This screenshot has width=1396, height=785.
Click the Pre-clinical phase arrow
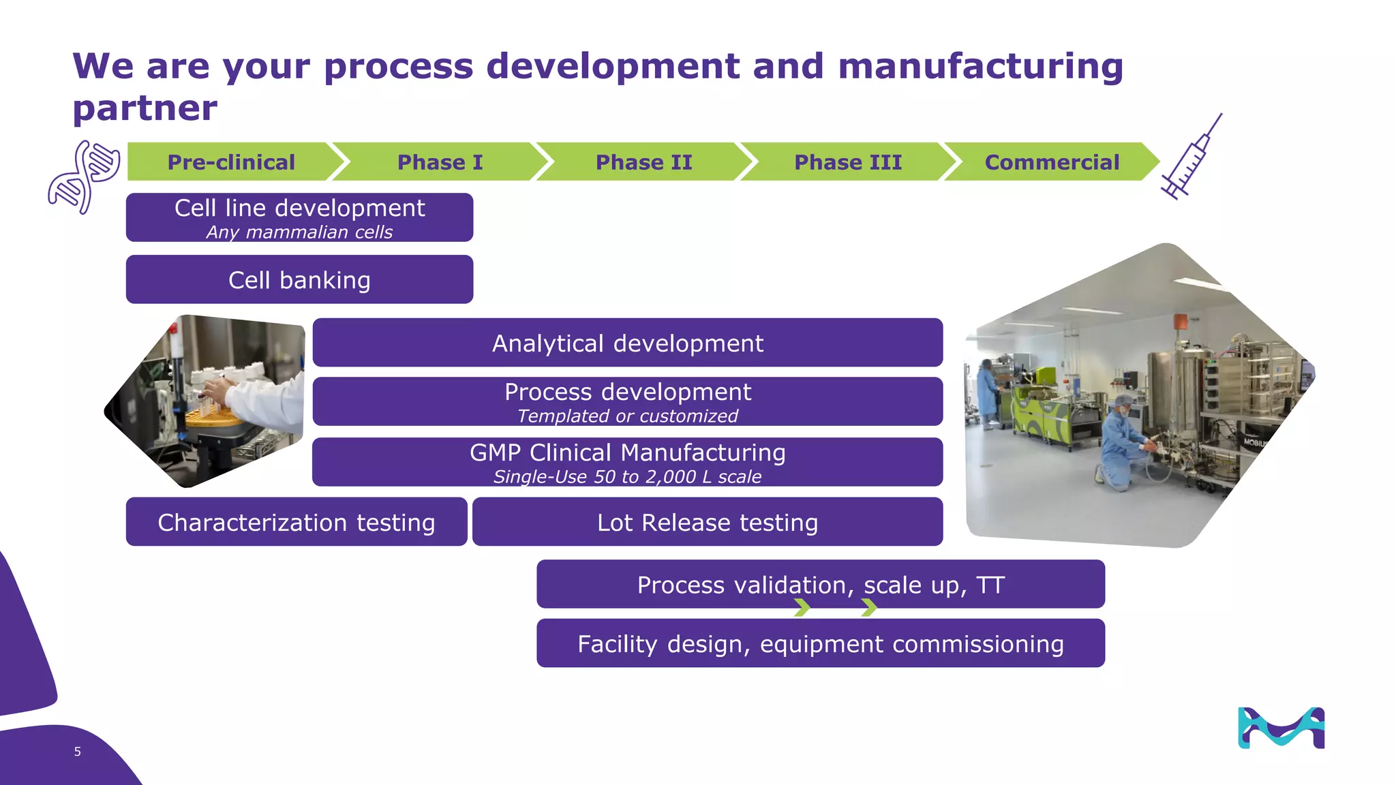(230, 162)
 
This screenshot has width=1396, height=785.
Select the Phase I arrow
(440, 162)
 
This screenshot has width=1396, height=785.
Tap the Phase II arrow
(643, 162)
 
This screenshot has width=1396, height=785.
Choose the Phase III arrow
(847, 162)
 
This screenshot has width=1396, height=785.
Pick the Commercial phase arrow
(1051, 162)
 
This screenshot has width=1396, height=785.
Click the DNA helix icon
(83, 177)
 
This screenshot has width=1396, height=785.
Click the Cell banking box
(299, 280)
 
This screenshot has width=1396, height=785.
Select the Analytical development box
(627, 343)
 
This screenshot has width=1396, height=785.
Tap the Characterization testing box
(296, 522)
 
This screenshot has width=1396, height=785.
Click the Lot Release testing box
(707, 522)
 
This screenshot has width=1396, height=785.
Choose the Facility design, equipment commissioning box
(820, 643)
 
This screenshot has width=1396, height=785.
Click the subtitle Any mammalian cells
(299, 232)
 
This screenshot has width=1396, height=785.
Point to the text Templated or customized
(627, 416)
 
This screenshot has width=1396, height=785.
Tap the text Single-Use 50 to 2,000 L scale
(627, 477)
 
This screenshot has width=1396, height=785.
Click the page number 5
(78, 752)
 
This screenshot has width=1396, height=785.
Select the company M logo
(1281, 728)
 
